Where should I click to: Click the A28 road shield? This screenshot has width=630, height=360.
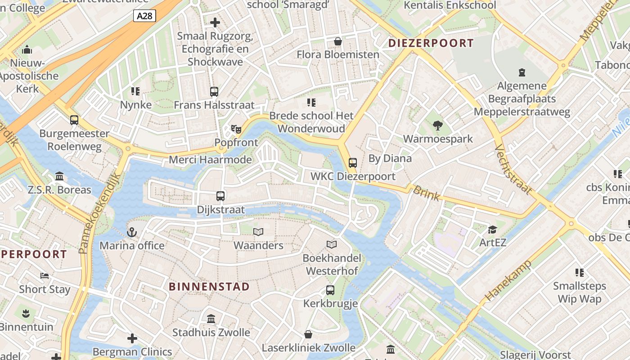point(144,16)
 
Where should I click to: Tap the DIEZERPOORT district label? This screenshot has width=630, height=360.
point(431,43)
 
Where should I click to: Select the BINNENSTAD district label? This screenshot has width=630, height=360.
point(209,287)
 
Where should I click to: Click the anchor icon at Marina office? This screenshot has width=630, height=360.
point(131,232)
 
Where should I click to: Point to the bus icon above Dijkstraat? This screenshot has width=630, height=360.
point(220,196)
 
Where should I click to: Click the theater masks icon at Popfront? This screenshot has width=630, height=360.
point(236,129)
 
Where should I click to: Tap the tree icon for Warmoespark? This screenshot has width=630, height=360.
point(437,126)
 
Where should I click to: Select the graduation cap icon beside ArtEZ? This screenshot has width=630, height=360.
point(493,229)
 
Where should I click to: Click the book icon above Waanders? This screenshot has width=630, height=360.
point(258,232)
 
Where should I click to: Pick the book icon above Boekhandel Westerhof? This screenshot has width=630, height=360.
point(332,244)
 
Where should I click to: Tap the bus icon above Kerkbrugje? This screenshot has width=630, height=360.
point(330,290)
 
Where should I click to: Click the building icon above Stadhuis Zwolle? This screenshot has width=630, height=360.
point(211,319)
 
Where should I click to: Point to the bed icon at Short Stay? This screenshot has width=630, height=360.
point(44,275)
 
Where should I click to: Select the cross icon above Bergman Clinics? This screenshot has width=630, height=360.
point(132,338)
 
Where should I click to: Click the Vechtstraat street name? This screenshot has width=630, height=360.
point(513,169)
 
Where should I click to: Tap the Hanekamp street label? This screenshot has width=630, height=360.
point(508,280)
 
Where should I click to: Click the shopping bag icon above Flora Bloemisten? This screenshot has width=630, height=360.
point(338,41)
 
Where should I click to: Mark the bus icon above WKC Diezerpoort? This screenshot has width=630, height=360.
point(353,163)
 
